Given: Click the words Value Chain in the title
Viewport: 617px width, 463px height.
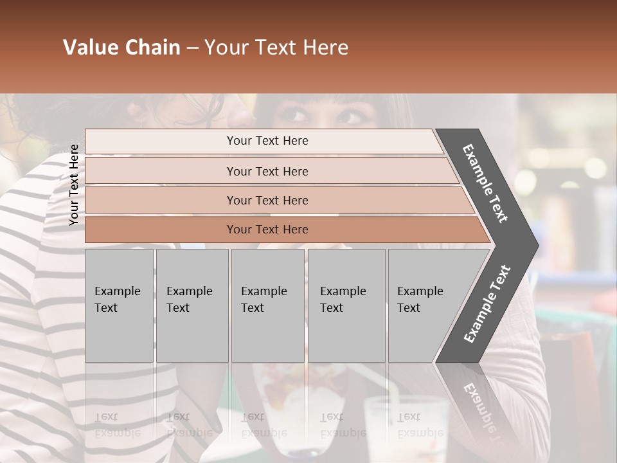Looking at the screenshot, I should pos(121,48).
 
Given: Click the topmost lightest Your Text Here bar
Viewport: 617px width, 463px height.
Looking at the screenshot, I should pos(267,141).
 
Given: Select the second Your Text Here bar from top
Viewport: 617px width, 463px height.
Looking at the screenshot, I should pos(267,171).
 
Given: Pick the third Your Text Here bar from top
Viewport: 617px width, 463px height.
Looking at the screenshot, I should pos(267,200).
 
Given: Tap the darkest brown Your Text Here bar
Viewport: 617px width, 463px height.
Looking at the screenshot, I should pos(267,230).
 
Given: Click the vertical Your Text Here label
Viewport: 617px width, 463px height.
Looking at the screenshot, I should pos(74,185).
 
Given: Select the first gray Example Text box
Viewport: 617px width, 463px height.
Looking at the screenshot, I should pos(119,305).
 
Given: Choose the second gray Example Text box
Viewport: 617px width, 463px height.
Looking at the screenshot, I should pos(192,305).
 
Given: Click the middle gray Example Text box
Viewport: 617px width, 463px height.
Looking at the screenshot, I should pos(268,305).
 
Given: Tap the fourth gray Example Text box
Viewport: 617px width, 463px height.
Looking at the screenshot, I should pos(346,305).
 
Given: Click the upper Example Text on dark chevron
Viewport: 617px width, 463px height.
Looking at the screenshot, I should pos(486,183).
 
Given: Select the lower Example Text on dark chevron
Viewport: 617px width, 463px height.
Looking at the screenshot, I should pos(487,304).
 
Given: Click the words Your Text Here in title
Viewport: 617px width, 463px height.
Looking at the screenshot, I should pos(276,48).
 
